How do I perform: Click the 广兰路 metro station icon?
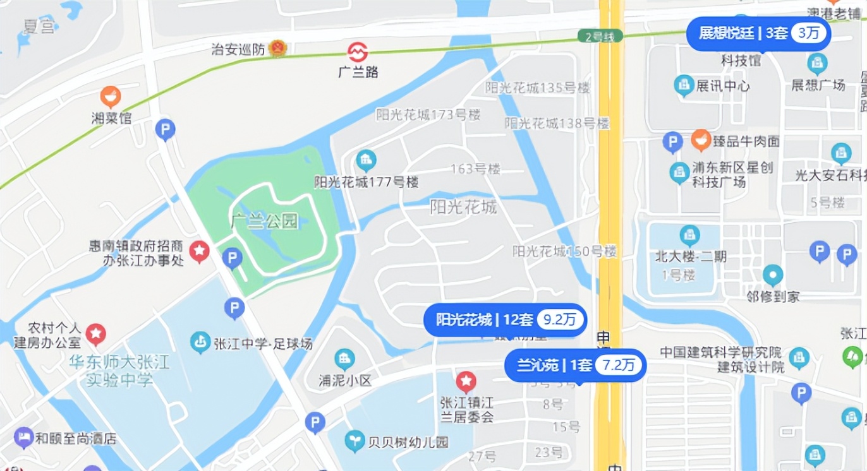(358, 51)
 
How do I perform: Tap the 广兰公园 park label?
(264, 222)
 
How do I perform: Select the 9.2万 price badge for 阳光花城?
(561, 319)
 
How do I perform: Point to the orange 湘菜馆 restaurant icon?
(111, 97)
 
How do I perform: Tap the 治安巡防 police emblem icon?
(277, 48)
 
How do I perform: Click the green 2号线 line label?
(600, 37)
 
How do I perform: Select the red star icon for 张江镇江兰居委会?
(466, 381)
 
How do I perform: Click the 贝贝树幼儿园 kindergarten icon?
(355, 440)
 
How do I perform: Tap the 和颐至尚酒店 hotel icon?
(24, 437)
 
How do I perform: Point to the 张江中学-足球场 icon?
(200, 343)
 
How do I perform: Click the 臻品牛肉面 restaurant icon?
(701, 140)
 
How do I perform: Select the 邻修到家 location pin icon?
(773, 275)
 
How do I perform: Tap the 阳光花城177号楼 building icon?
(366, 160)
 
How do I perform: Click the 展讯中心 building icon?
(684, 85)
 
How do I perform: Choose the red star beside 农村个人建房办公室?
(95, 334)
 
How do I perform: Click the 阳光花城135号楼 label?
(538, 88)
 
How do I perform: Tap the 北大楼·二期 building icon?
(689, 235)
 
